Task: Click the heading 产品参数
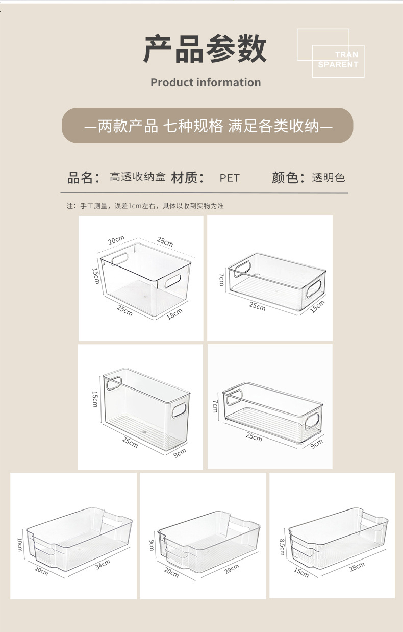(x=205, y=49)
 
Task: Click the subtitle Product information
(x=206, y=82)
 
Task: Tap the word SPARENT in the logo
(x=338, y=65)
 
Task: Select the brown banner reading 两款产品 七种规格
(x=207, y=125)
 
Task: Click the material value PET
(x=230, y=178)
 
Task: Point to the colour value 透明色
(x=328, y=178)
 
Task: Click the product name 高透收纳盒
(x=138, y=177)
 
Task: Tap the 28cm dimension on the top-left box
(x=165, y=242)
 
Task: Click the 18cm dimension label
(x=174, y=314)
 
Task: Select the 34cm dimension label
(x=103, y=565)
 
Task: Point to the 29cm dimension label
(x=232, y=569)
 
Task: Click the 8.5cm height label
(x=282, y=547)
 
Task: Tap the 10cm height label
(x=19, y=545)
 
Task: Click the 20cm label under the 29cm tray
(x=171, y=572)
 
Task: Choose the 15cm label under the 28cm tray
(x=301, y=572)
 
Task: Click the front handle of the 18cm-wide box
(x=172, y=281)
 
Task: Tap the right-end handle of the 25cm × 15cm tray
(x=314, y=289)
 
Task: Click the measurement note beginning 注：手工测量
(x=145, y=206)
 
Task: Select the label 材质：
(x=188, y=178)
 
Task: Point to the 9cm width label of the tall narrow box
(x=180, y=453)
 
